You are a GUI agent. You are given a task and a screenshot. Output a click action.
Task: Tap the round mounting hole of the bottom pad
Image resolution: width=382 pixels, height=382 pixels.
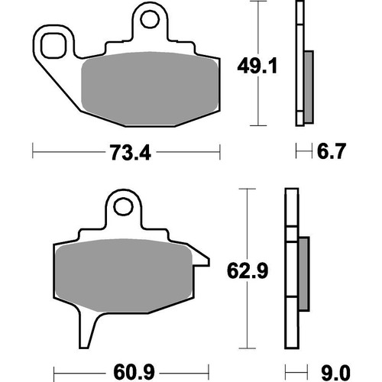122,206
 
